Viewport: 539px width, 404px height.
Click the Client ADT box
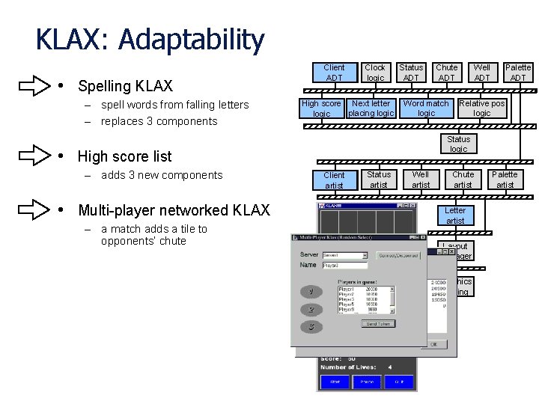[x=334, y=73]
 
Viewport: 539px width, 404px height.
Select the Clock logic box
[x=375, y=73]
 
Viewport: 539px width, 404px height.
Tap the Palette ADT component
[x=517, y=73]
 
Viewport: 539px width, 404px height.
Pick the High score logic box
[x=321, y=108]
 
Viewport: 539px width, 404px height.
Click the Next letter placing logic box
[x=371, y=108]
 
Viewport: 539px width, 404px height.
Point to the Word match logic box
[x=426, y=108]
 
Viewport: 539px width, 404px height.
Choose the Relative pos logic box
[x=482, y=108]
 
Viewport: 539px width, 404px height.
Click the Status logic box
[x=458, y=144]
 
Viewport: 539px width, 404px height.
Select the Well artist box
[x=421, y=180]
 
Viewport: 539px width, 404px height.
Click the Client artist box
[x=334, y=180]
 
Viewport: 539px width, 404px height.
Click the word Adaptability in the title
[x=190, y=40]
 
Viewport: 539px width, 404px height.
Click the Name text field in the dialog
[x=344, y=265]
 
